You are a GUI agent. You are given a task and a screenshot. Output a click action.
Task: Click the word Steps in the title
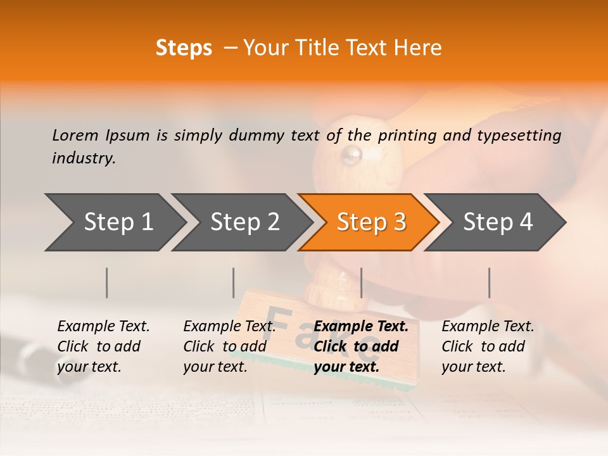point(184,48)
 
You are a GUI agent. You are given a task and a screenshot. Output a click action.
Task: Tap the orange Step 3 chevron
point(369,222)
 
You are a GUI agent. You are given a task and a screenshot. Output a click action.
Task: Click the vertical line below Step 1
point(107,282)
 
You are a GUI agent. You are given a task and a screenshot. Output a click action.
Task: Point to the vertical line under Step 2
point(234,282)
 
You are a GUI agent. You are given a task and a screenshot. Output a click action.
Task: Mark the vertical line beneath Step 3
point(361,282)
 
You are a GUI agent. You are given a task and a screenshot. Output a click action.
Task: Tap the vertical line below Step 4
point(490,282)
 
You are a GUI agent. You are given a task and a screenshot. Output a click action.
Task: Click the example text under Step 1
point(103,346)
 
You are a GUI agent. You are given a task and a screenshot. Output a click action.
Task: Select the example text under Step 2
point(229,346)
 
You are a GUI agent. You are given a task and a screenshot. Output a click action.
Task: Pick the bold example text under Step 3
point(361,346)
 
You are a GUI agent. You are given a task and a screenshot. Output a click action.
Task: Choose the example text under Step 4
point(488,346)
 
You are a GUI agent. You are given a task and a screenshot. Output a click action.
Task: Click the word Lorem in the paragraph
point(75,135)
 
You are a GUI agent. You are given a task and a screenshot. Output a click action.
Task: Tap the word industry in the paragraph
point(83,158)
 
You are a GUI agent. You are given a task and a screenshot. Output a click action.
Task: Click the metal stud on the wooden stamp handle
point(351,154)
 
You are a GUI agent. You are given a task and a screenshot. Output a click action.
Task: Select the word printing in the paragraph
point(406,135)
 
